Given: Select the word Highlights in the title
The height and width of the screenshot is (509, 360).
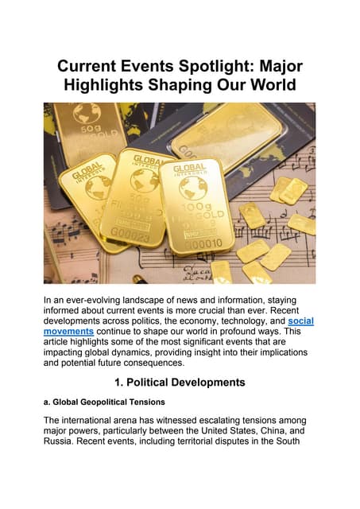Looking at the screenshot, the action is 115,85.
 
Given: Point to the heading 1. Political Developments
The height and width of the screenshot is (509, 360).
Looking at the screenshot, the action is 180,382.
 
